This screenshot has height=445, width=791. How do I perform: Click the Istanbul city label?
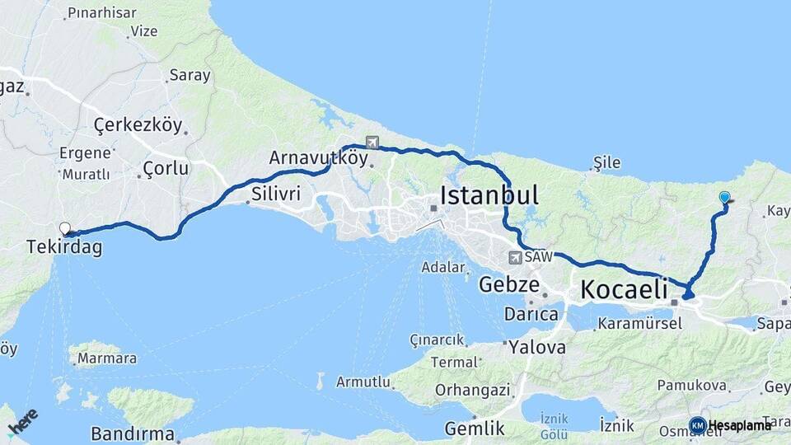489,195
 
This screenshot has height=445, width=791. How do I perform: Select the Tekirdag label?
64,246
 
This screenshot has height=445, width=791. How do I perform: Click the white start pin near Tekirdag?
64,228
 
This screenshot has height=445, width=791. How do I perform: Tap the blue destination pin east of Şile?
724,197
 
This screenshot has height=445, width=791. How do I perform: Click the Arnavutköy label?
317,158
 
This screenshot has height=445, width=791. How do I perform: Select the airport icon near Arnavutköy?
372,142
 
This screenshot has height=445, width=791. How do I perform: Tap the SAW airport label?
536,257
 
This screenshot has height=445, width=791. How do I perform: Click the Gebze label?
509,285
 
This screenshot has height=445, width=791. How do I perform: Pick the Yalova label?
537,347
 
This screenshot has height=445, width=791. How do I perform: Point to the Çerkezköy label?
137,125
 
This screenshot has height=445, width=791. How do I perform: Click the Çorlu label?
166,168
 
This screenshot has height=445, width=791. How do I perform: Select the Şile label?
606,162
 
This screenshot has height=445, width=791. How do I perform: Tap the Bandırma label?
133,433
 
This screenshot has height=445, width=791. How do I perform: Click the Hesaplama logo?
731,425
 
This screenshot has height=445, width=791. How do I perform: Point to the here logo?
22,420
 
